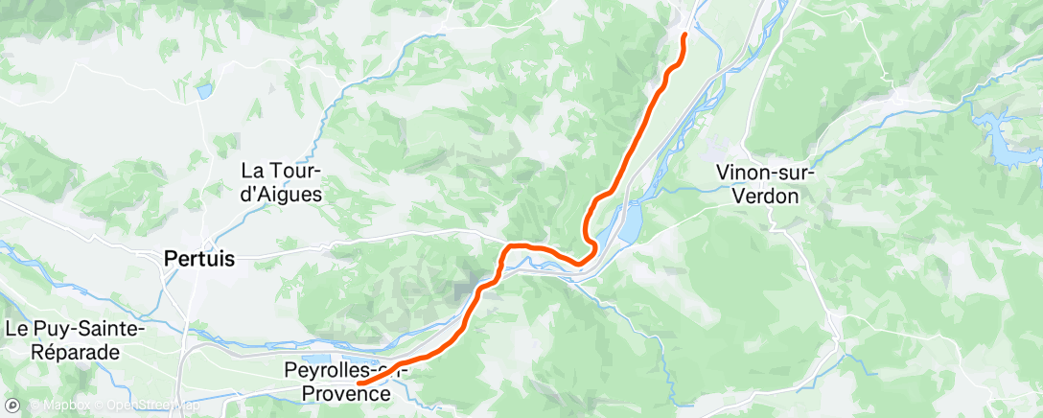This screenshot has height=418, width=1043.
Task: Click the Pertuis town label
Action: click(x=199, y=258)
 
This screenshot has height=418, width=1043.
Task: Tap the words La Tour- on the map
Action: click(x=282, y=171)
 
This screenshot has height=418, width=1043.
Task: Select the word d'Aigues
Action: click(x=282, y=193)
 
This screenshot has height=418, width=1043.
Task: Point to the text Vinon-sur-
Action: click(x=765, y=173)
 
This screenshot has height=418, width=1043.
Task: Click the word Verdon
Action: click(x=765, y=195)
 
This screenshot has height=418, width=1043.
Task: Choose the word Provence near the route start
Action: click(x=346, y=393)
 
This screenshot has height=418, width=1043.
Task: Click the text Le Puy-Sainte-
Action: click(x=74, y=329)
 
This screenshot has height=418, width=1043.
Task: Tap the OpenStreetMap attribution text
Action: click(x=152, y=406)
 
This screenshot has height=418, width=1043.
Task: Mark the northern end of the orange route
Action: click(x=684, y=35)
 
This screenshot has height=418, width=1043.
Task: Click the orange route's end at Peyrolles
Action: click(x=359, y=384)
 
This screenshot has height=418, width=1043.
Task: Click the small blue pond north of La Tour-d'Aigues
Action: click(x=203, y=91)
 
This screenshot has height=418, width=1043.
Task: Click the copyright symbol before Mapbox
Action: click(x=35, y=406)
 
